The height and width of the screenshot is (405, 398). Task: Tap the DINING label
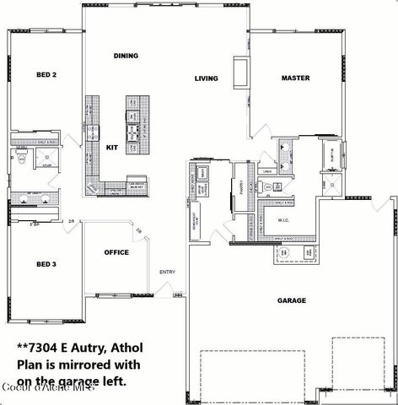click(126, 57)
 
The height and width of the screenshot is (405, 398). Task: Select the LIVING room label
click(206, 78)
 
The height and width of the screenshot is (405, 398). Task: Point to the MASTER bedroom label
click(295, 78)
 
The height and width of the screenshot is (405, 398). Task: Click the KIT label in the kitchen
click(111, 147)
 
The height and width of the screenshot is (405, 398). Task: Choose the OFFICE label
click(116, 252)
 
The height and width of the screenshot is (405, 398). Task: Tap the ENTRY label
click(167, 272)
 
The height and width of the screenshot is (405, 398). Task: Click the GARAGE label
click(292, 300)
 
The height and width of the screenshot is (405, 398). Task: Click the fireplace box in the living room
click(240, 74)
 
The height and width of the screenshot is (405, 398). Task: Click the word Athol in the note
click(118, 347)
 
